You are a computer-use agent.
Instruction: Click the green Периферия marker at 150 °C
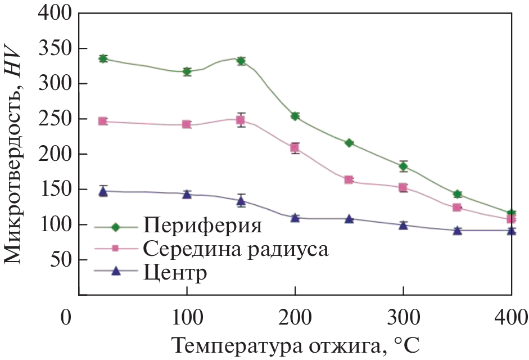click(241, 61)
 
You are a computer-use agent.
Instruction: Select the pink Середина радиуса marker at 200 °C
click(295, 148)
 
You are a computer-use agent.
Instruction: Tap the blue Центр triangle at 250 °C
click(349, 219)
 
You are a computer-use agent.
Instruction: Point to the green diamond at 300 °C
click(403, 166)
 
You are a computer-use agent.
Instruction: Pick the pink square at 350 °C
click(457, 208)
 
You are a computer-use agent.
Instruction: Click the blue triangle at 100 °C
click(187, 194)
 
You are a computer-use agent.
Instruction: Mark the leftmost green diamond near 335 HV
click(103, 58)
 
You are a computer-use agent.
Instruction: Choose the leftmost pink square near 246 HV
click(103, 121)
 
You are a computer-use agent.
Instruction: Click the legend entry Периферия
click(202, 227)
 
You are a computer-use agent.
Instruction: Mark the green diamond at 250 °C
click(349, 143)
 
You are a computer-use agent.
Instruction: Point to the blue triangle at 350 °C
click(457, 230)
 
